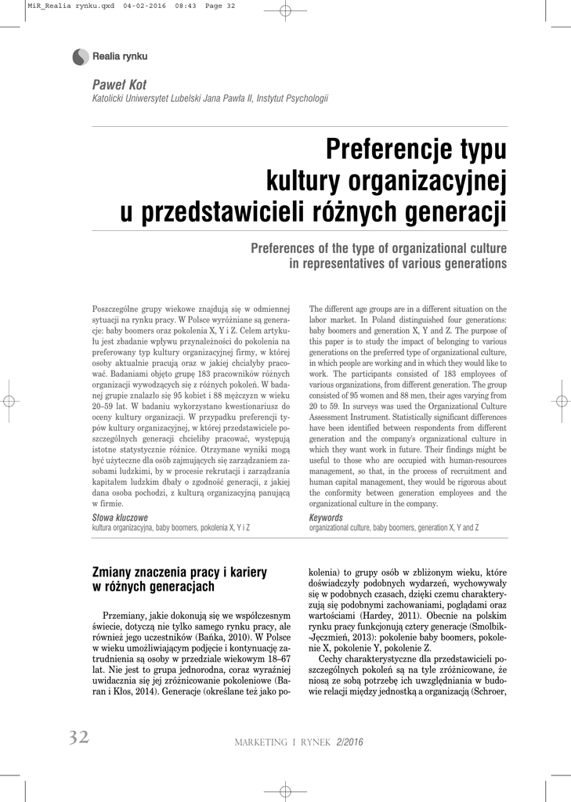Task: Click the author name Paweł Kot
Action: coord(119,85)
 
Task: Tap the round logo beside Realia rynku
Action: coord(80,56)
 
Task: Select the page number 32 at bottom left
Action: coord(78,738)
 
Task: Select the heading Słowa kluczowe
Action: coord(120,518)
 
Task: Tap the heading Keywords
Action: coord(326,518)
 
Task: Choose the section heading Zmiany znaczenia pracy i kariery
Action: coord(179,572)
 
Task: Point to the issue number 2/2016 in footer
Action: coord(349,742)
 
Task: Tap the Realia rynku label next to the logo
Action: coord(121,56)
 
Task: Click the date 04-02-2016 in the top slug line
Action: coord(143,6)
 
